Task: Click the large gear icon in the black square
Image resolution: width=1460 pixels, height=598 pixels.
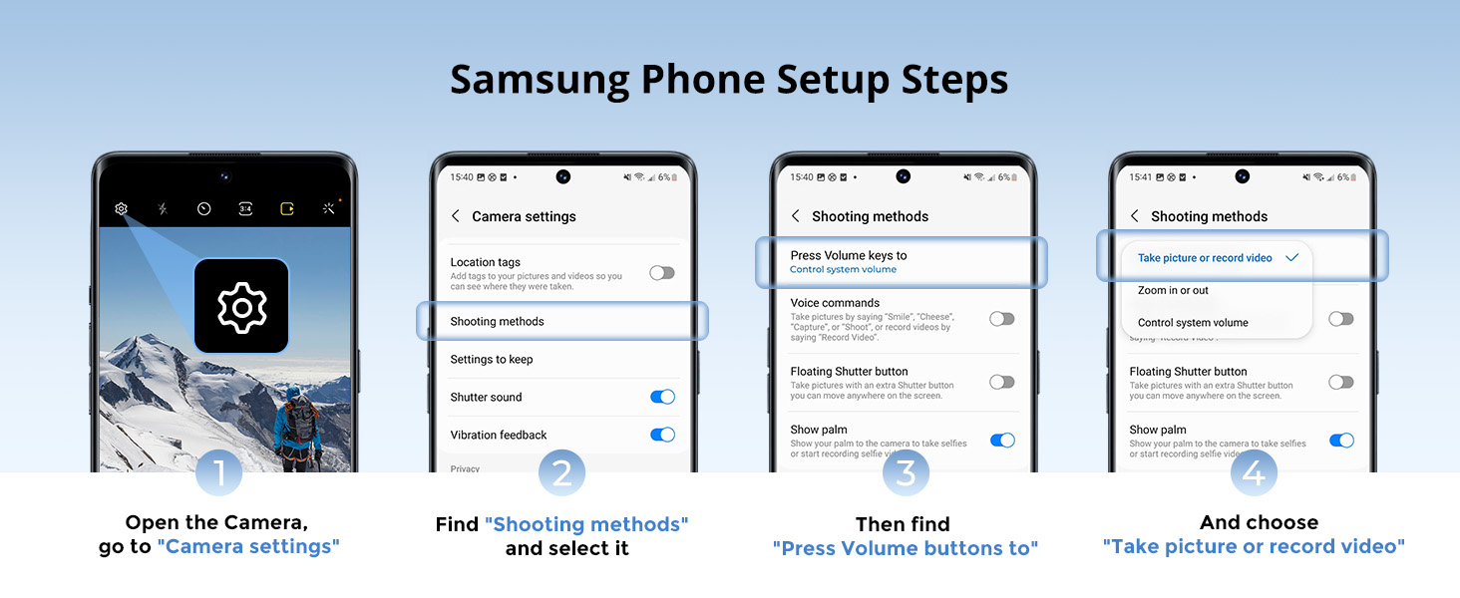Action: (241, 306)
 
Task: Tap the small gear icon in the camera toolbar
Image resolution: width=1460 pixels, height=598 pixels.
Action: (121, 209)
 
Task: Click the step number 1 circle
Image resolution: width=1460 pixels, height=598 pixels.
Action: (218, 472)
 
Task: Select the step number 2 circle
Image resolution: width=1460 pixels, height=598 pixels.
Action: (561, 472)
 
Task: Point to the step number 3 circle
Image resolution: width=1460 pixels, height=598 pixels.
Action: (906, 472)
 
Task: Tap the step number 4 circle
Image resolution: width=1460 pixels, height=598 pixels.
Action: (1253, 472)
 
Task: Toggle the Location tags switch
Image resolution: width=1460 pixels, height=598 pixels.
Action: (662, 273)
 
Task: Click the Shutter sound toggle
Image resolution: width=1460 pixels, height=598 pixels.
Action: (662, 397)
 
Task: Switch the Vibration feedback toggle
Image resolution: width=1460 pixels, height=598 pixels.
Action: (662, 435)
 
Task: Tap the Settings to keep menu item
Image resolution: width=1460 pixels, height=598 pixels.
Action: (492, 360)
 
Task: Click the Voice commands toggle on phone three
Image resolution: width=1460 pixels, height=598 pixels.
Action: (1001, 319)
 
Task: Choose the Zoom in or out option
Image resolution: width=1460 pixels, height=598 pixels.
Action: (1173, 291)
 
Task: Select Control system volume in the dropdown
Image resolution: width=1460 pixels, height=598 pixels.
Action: (1193, 323)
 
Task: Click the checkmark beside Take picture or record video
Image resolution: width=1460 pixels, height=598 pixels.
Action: (1291, 257)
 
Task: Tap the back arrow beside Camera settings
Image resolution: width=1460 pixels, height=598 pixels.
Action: (456, 216)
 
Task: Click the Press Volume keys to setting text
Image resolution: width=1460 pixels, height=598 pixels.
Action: (849, 256)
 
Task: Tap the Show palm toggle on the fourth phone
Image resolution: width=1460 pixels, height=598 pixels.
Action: (1341, 441)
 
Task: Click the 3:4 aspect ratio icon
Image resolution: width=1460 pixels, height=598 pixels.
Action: (245, 209)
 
